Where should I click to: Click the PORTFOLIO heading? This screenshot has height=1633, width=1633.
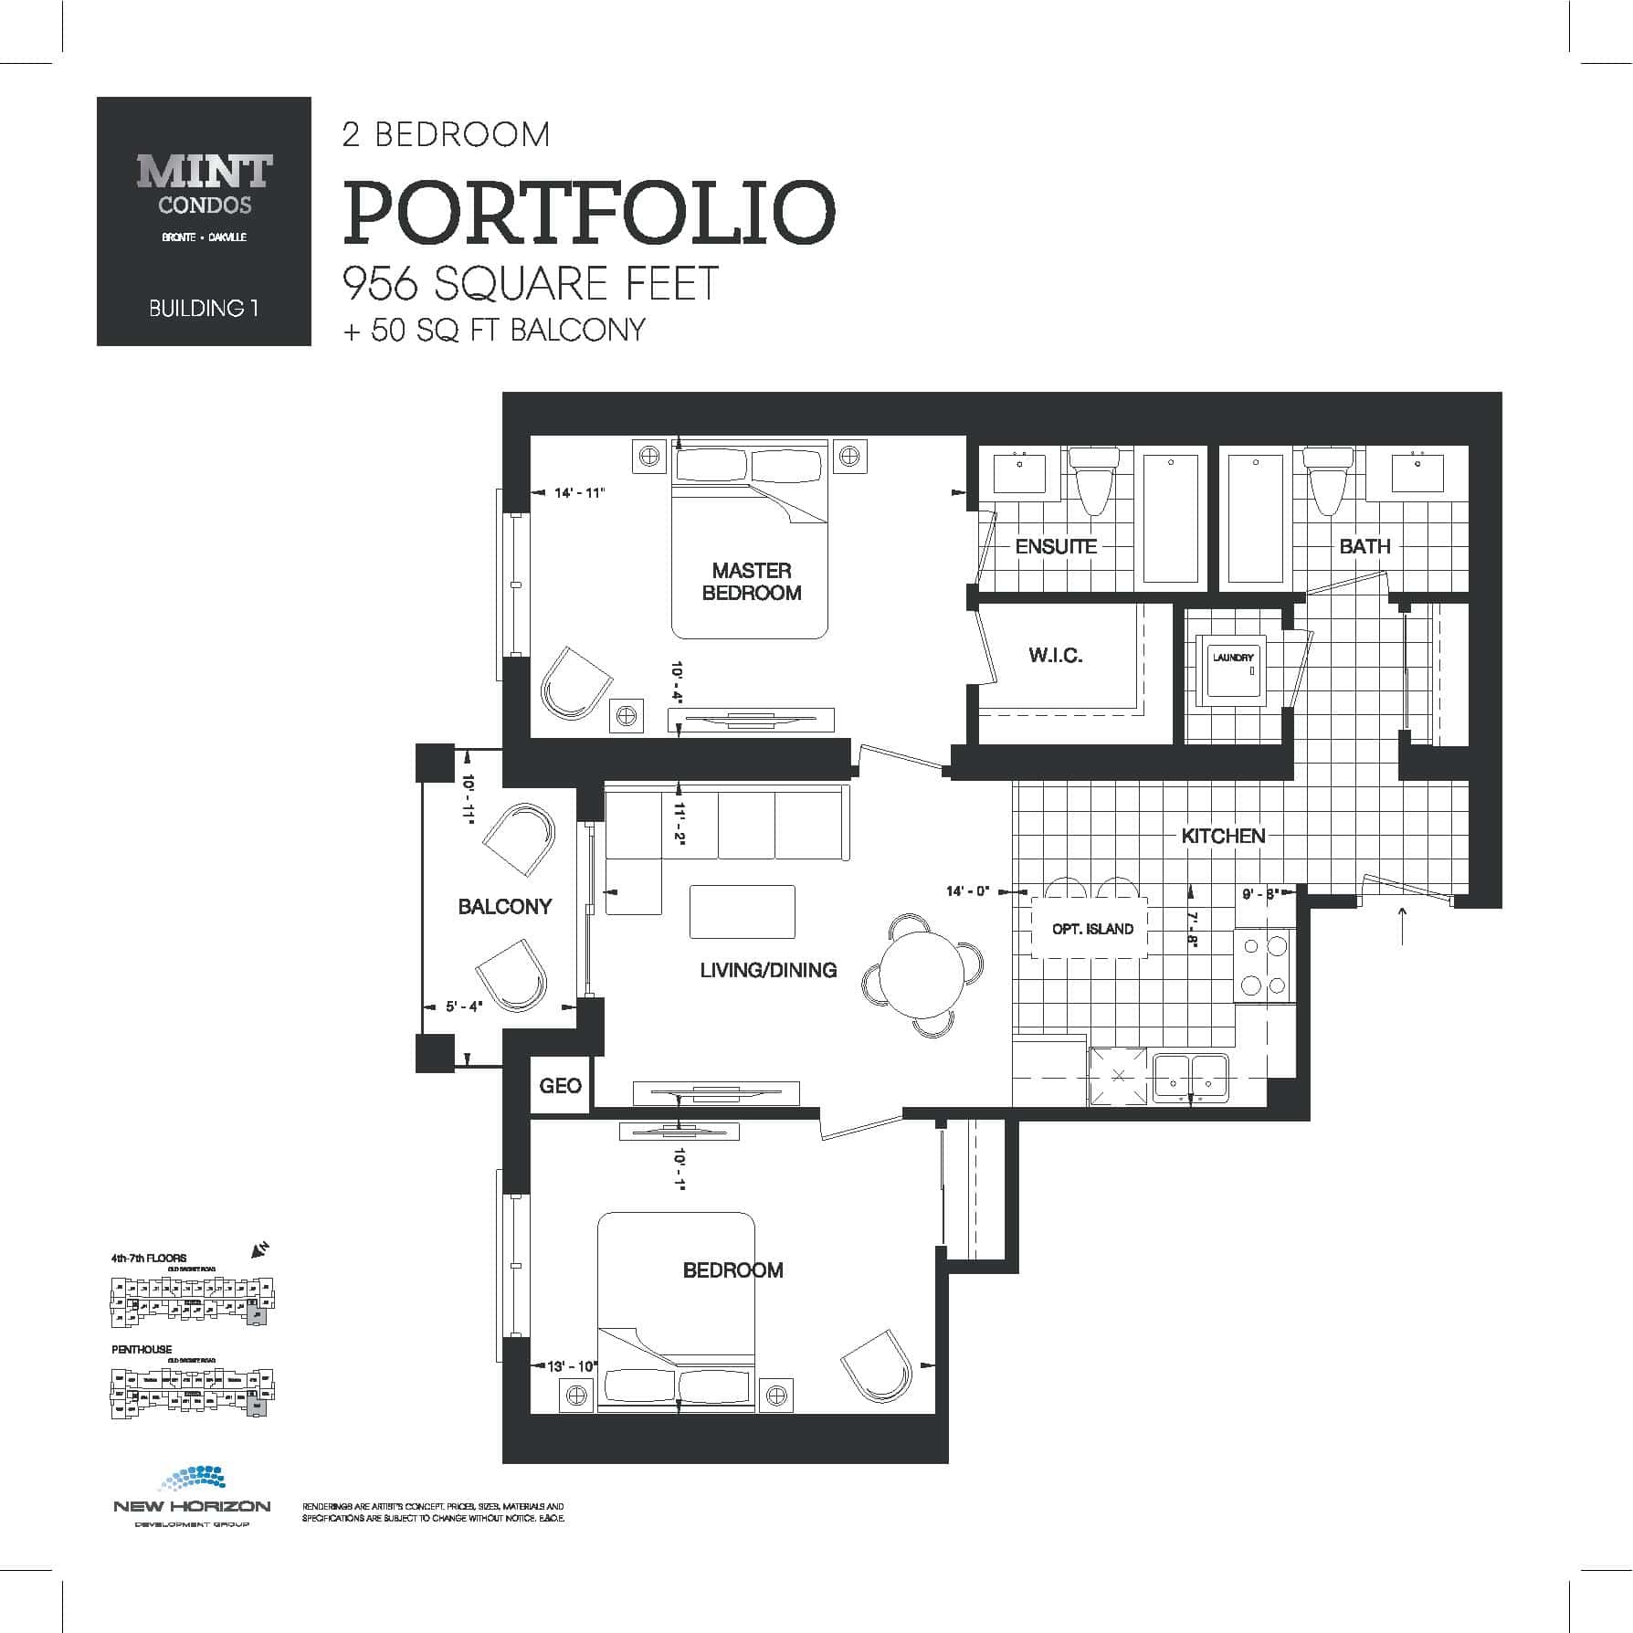[589, 214]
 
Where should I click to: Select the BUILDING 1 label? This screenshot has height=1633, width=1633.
[204, 309]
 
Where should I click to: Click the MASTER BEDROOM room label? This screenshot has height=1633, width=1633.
[752, 582]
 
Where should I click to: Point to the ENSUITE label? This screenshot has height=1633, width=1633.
[1056, 546]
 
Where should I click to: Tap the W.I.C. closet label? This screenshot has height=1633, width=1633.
[1056, 655]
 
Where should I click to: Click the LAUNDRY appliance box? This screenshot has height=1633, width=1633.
[1233, 666]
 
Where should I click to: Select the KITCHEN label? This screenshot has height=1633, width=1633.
[1223, 836]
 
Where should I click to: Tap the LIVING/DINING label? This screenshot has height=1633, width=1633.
[768, 970]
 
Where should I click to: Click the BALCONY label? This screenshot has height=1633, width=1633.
[505, 906]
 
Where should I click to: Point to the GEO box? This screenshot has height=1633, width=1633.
[560, 1085]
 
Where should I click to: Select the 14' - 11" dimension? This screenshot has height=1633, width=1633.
[580, 493]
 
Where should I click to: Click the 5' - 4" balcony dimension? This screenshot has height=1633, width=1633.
[464, 1006]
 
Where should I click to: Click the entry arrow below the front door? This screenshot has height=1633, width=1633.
[1403, 925]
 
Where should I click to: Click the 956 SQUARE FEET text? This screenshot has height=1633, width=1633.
[531, 283]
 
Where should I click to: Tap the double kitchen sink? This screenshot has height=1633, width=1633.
[1191, 1075]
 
